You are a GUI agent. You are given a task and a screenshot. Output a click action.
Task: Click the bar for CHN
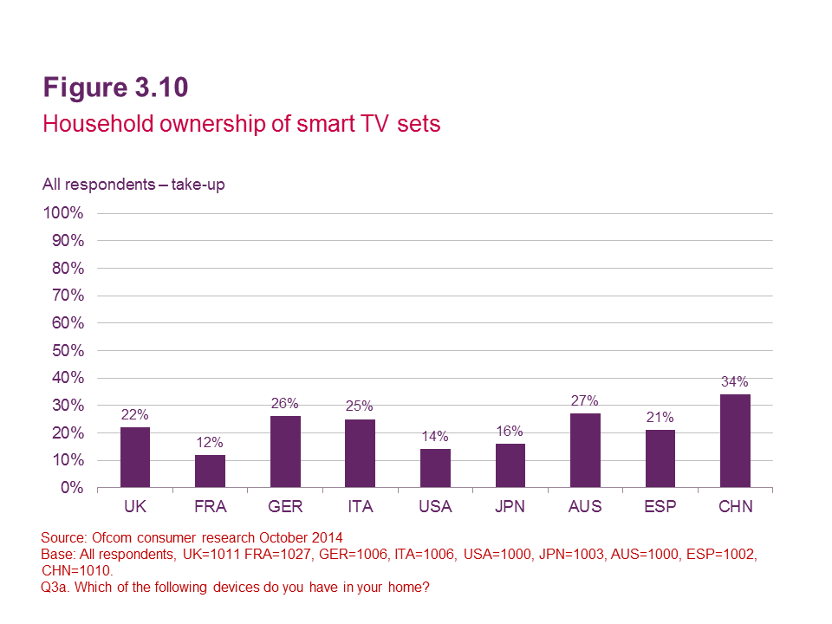tap(735, 441)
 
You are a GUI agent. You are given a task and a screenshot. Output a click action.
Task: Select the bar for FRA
tap(210, 471)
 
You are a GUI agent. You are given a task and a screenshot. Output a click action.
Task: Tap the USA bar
tap(435, 469)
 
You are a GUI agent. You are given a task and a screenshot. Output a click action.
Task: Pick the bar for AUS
tap(585, 451)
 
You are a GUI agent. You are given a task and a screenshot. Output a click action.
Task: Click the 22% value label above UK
tap(134, 416)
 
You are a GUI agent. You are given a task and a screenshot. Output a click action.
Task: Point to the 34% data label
tap(735, 382)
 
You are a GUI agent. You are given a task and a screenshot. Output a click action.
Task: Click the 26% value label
tap(284, 404)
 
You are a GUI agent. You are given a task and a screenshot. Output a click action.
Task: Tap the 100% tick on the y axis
tap(62, 213)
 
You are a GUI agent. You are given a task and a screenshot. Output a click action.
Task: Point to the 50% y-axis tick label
tap(66, 350)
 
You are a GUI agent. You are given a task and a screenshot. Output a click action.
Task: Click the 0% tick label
tap(72, 488)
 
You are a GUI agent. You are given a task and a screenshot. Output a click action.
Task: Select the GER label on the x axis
tap(284, 507)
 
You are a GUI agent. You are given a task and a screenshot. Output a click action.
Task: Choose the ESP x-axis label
tap(660, 507)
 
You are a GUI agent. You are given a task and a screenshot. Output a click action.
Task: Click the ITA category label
tap(360, 507)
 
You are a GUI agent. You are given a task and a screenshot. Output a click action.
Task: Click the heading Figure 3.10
tap(115, 88)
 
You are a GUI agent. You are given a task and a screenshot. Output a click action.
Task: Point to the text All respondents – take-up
tap(133, 185)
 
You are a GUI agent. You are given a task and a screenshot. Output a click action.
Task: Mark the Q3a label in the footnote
tap(55, 588)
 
